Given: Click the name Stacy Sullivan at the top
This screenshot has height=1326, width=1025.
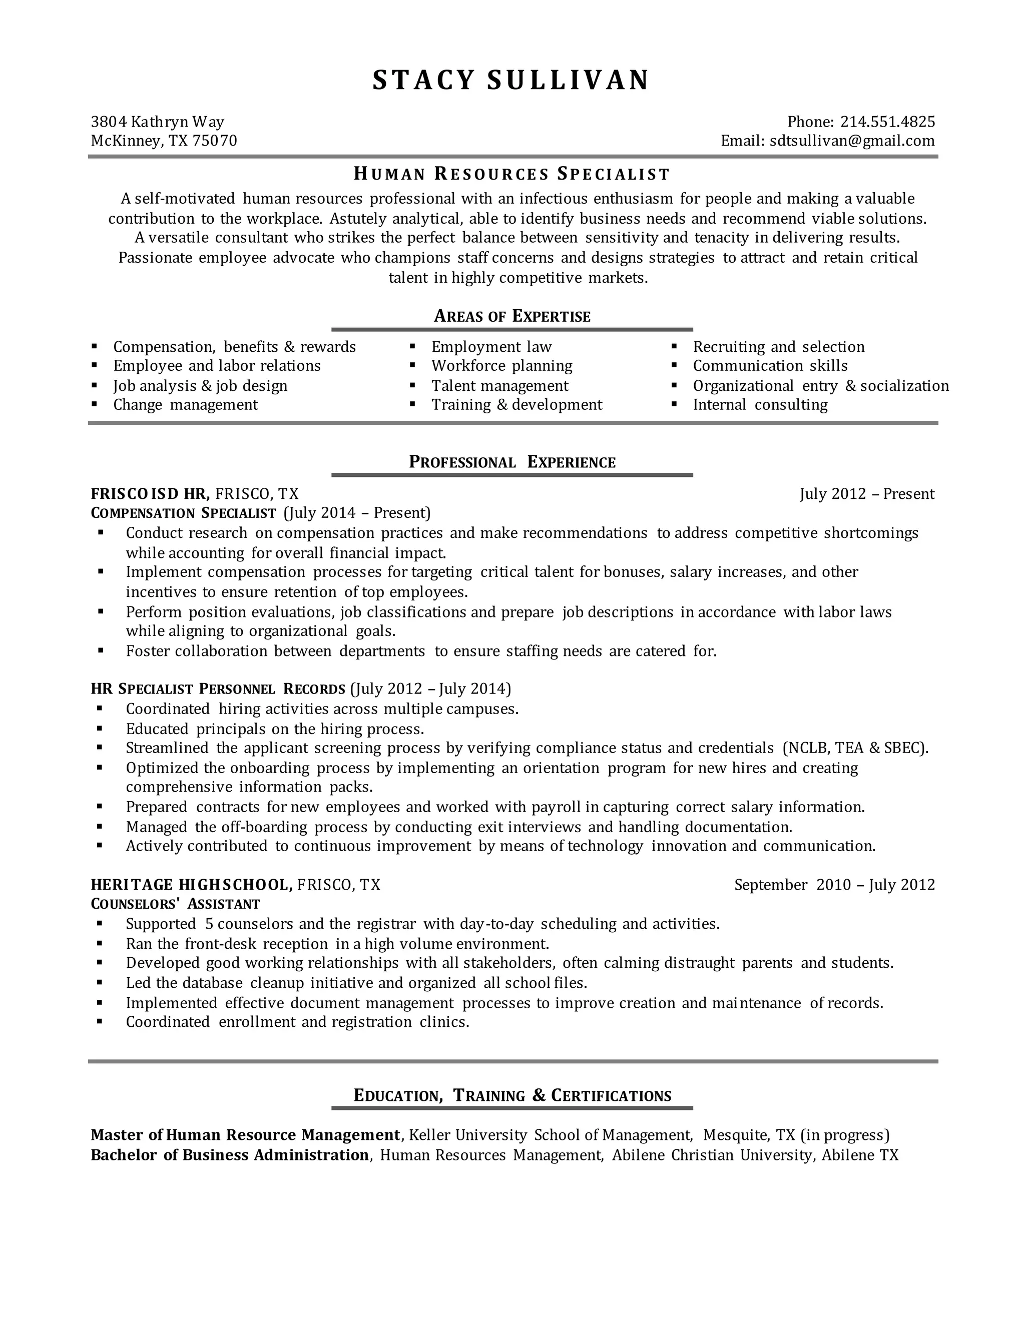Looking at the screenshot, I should click(x=511, y=81).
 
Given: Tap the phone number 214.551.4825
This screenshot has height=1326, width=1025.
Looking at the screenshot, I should click(x=887, y=122).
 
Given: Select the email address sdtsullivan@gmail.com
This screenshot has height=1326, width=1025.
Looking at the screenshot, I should click(x=852, y=141).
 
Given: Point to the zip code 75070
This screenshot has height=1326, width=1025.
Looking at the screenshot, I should click(x=214, y=141).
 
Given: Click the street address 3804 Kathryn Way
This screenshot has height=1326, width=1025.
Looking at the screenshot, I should click(x=157, y=122).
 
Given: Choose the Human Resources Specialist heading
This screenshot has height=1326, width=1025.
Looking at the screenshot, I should click(x=512, y=174).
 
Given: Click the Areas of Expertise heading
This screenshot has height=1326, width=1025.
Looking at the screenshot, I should click(x=512, y=316).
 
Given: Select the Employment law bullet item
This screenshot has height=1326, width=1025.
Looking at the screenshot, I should click(x=491, y=347).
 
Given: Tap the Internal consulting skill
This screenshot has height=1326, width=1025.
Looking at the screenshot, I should click(x=760, y=405).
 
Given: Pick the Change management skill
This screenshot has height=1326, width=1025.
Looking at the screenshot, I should click(x=185, y=405).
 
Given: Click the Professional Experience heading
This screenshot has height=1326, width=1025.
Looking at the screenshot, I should click(x=512, y=463).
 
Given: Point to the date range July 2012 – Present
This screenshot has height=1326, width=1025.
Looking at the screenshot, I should click(x=866, y=493).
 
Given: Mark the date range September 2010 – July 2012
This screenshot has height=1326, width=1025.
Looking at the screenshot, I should click(x=834, y=885).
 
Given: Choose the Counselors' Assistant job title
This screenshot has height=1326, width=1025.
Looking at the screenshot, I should click(x=175, y=905).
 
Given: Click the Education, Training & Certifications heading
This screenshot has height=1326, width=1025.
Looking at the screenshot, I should click(x=512, y=1096).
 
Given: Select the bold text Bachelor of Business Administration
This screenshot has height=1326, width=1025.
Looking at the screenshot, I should click(x=230, y=1155).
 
